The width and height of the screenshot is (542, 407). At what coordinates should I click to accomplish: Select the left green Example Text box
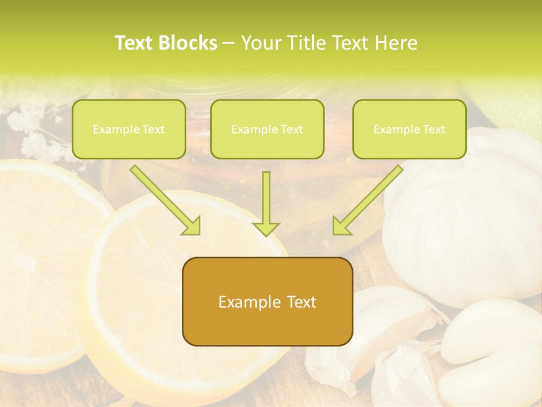[x=129, y=129]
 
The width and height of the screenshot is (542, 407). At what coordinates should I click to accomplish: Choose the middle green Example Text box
[x=267, y=129]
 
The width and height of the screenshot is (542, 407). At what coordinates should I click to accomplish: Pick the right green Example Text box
[x=409, y=129]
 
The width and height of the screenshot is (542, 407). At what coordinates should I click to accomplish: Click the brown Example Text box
[x=267, y=302]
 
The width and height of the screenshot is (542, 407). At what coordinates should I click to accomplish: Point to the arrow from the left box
[x=165, y=200]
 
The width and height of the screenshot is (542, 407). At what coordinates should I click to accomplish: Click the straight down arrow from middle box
[x=266, y=203]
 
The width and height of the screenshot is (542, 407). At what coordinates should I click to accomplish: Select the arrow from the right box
[x=368, y=200]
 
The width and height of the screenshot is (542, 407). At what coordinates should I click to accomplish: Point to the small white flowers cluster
[x=34, y=130]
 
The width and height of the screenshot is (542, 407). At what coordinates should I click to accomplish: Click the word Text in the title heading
[x=134, y=43]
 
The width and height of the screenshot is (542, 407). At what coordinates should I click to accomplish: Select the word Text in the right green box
[x=434, y=129]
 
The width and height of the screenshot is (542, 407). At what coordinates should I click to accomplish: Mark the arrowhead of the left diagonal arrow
[x=191, y=226]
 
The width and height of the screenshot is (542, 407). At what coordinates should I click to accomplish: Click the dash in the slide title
[x=229, y=43]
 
